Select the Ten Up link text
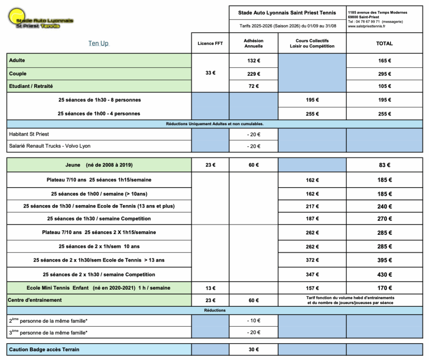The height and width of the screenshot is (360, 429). [98, 43]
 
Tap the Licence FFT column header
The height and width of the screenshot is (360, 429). [210, 44]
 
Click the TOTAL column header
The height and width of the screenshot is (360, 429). [384, 44]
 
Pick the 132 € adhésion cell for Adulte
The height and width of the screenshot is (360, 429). [253, 61]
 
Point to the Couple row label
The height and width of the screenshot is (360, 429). [18, 74]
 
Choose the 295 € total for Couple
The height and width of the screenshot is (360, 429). [384, 74]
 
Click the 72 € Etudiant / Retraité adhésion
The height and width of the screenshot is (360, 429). [253, 86]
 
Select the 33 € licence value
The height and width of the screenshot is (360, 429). [210, 73]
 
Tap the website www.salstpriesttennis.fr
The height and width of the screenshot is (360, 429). [367, 26]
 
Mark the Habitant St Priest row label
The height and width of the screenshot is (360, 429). [28, 134]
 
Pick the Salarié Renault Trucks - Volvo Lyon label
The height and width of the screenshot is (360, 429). [50, 146]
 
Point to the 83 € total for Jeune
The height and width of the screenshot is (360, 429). [384, 165]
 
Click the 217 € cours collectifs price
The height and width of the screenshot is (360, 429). [312, 206]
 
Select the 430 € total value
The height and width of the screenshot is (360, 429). [384, 275]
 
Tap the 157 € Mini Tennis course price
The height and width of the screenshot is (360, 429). [312, 288]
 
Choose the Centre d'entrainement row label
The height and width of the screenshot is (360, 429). [35, 300]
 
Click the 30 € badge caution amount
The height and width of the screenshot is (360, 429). [253, 350]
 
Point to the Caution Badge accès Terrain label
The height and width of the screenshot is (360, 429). [44, 350]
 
